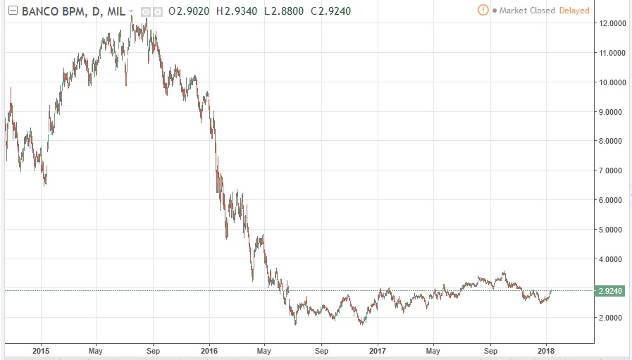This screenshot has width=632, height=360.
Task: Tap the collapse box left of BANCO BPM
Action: click(11, 11)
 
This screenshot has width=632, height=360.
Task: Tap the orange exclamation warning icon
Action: click(483, 10)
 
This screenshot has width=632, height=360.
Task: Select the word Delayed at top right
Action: click(574, 11)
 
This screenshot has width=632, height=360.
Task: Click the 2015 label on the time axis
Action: click(41, 350)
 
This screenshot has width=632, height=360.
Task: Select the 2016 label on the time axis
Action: click(209, 350)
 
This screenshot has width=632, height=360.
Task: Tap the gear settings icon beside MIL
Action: click(157, 11)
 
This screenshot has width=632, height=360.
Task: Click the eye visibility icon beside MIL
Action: click(145, 11)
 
